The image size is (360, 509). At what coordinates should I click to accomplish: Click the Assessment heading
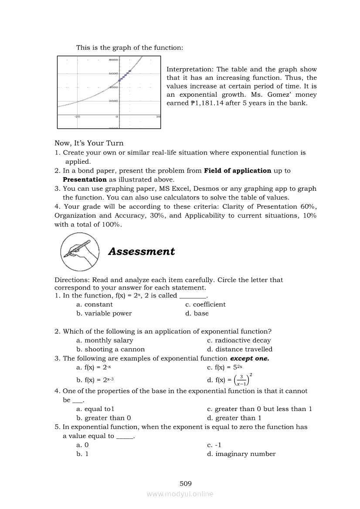141,251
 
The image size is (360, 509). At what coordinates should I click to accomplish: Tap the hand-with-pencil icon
79,252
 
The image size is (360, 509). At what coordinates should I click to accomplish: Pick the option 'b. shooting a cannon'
110,349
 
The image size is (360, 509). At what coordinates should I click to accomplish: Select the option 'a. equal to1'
95,409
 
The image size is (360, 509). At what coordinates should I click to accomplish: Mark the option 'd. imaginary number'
241,454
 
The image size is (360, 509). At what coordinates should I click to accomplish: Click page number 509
186,483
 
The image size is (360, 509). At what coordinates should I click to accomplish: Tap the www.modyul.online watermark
180,494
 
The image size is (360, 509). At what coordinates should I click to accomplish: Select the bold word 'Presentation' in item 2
85,179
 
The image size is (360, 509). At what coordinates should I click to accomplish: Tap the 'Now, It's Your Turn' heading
89,143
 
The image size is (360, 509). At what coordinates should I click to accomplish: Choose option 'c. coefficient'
205,304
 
